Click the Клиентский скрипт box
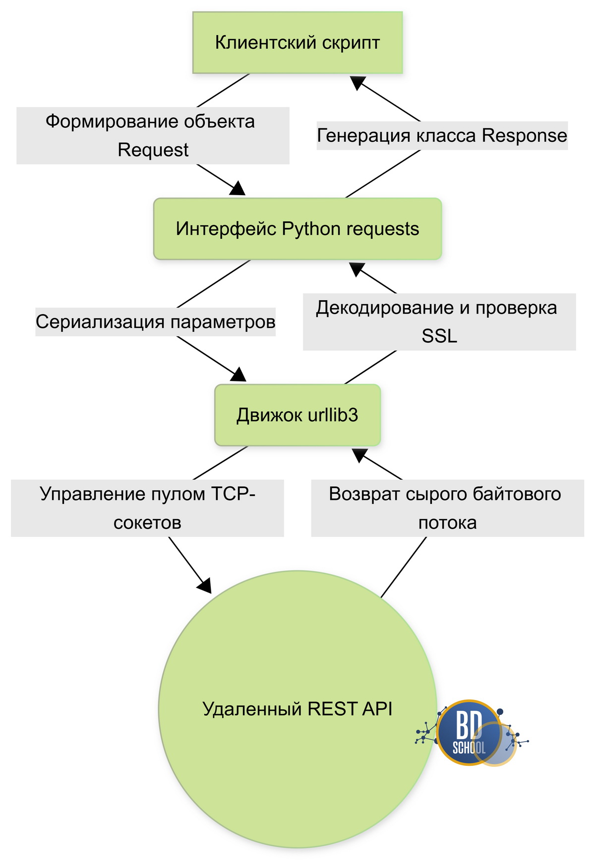(297, 43)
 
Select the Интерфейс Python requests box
(297, 229)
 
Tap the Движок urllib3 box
(297, 415)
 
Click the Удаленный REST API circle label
(297, 709)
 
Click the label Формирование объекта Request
(153, 136)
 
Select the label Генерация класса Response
(442, 135)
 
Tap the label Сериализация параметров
(155, 322)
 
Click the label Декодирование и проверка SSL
(439, 322)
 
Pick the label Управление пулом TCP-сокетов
(147, 508)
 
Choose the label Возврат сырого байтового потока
(447, 508)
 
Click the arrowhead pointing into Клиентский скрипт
(358, 82)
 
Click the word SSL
(439, 336)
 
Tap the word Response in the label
(524, 135)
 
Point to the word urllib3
(333, 415)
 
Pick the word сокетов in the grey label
(147, 523)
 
